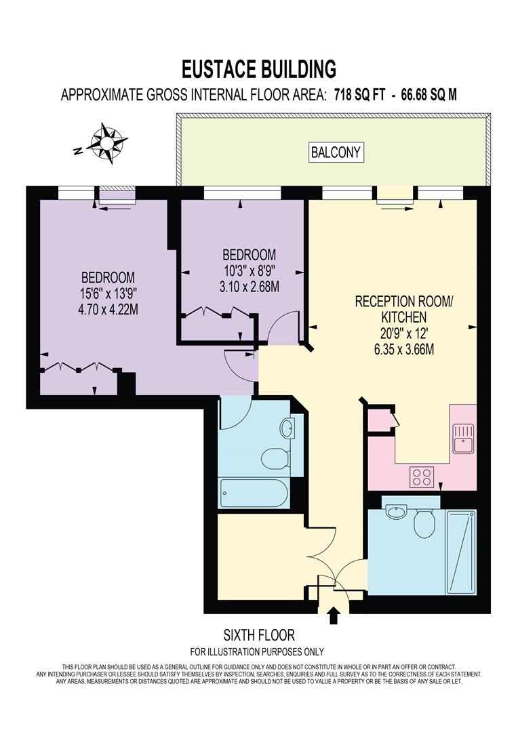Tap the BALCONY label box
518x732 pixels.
[x=336, y=152]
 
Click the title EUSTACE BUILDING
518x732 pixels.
[x=259, y=68]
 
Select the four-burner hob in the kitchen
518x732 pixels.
[x=422, y=476]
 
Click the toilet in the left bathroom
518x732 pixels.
[x=275, y=457]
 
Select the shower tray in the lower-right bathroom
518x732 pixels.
[x=461, y=551]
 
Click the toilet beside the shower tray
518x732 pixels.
[x=424, y=523]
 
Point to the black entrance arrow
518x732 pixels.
[x=333, y=615]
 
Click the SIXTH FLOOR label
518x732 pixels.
[x=259, y=635]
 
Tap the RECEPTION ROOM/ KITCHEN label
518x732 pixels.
[x=395, y=308]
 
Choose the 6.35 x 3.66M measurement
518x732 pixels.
[x=395, y=350]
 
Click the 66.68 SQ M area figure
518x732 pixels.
[x=429, y=95]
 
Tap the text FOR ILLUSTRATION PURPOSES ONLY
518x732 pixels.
[x=258, y=652]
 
